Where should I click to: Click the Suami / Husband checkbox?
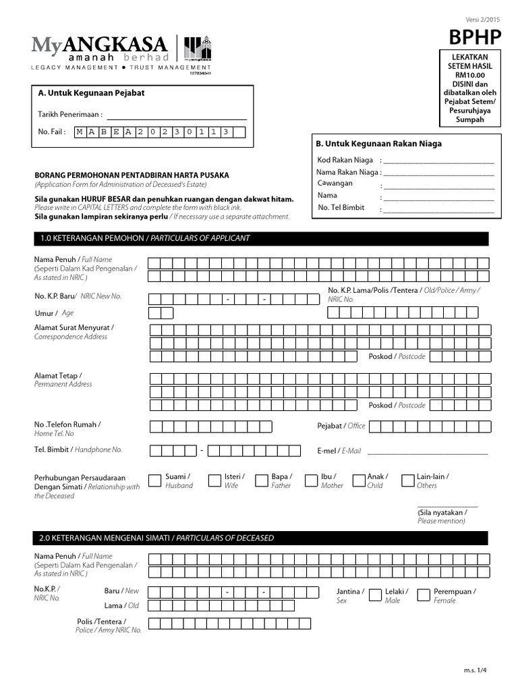[154, 480]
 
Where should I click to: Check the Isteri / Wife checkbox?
[214, 480]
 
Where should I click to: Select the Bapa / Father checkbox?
[261, 480]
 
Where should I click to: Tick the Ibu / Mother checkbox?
[310, 480]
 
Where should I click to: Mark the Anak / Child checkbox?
[358, 480]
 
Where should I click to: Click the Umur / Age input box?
[161, 313]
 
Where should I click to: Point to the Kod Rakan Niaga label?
[345, 160]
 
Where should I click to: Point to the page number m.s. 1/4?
[475, 670]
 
